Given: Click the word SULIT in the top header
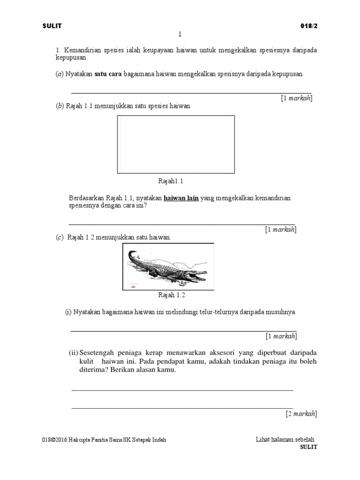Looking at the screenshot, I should tap(52, 26).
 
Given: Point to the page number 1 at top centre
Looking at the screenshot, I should tap(180, 34).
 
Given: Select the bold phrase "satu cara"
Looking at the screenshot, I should tap(108, 74).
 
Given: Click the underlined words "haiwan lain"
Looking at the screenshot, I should tap(181, 198).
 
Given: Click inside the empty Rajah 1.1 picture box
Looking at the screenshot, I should tap(176, 144).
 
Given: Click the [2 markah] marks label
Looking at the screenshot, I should tap(301, 414).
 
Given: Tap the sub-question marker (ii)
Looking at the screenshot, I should tap(74, 352).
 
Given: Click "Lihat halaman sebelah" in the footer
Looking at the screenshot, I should tap(285, 440).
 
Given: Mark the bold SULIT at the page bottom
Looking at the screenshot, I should tap(308, 447).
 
